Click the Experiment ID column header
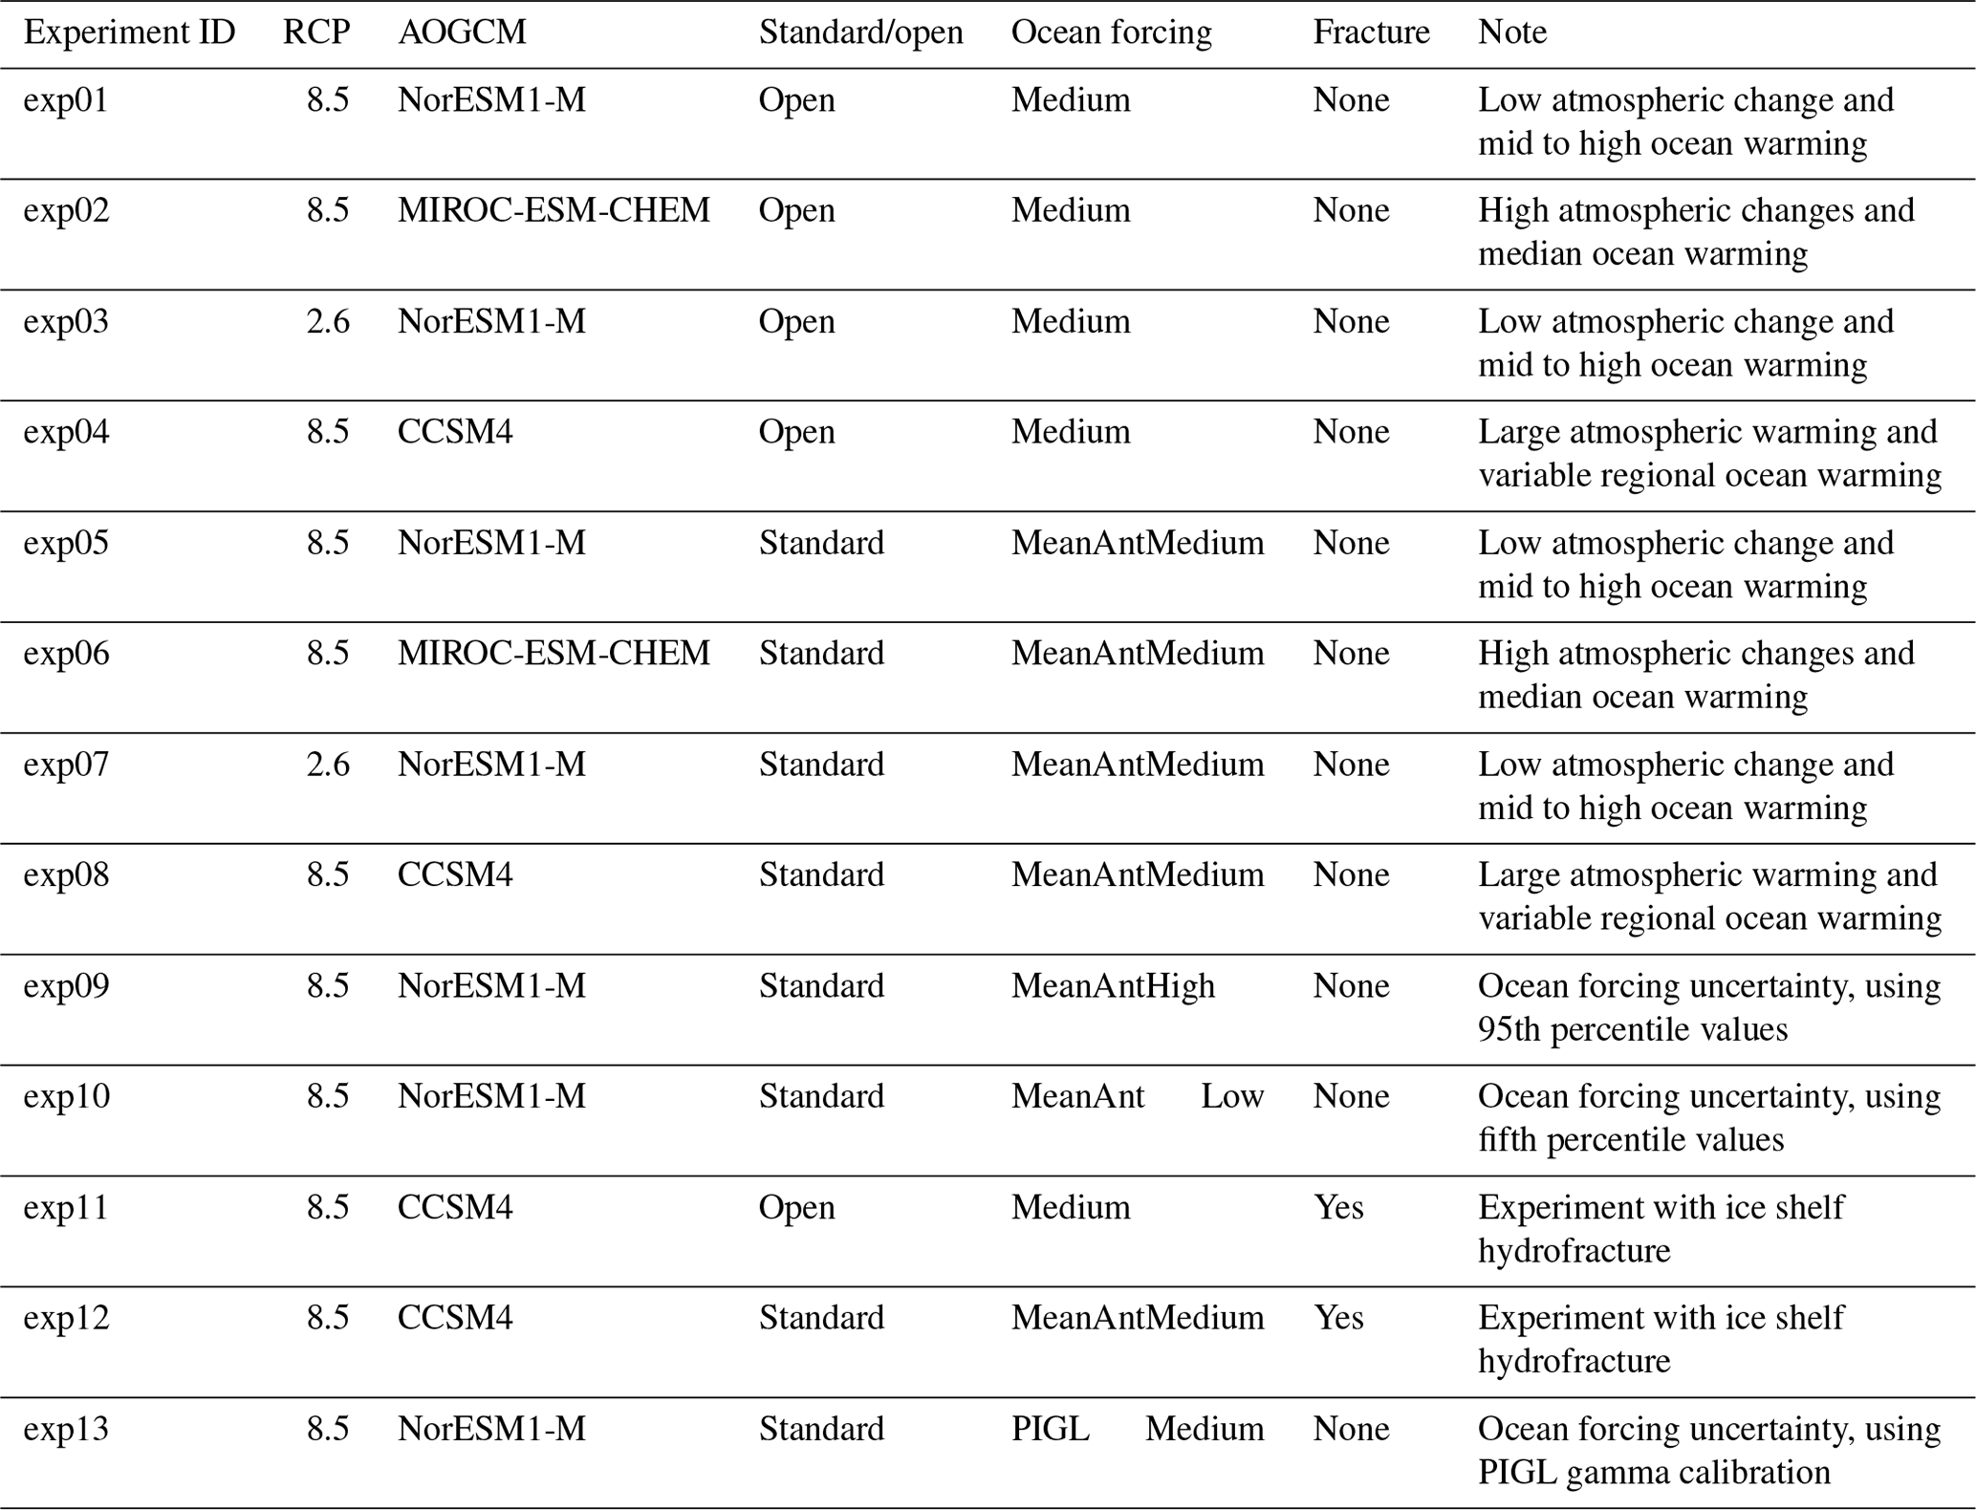pos(129,32)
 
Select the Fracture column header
pos(1371,32)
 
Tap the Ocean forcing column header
pos(1111,32)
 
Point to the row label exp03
pos(66,321)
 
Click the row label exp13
pos(66,1429)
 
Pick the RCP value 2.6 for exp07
pos(328,765)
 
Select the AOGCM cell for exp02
pos(554,210)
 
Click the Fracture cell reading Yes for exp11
pos(1338,1207)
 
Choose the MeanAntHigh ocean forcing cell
pos(1113,985)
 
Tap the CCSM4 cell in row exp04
pos(455,432)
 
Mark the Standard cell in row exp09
pos(821,985)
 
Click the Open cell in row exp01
pos(796,100)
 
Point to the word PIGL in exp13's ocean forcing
pos(1050,1429)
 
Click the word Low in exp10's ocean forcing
pos(1232,1096)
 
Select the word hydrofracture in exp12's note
pos(1574,1361)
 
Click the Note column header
pos(1511,32)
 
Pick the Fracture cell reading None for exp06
pos(1351,654)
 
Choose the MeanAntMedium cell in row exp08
pos(1137,874)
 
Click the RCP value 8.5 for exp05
pos(328,543)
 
